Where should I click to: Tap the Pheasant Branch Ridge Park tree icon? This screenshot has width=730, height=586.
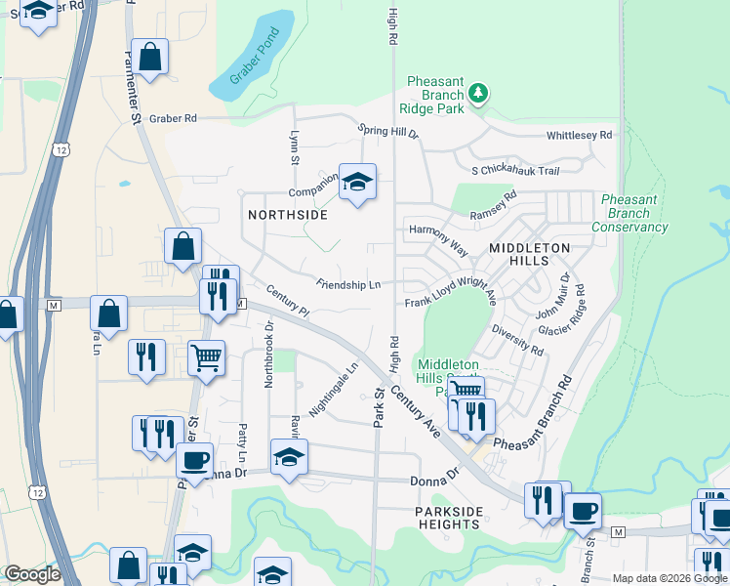pos(478,94)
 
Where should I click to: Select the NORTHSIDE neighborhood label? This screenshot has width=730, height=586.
pos(287,214)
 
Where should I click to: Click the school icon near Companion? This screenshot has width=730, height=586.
pos(357,182)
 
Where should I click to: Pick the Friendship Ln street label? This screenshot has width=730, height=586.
pos(347,284)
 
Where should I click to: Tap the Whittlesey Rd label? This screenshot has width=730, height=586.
pos(579,135)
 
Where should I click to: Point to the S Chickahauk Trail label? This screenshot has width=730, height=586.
pos(514,171)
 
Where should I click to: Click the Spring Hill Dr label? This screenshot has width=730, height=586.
pos(387,131)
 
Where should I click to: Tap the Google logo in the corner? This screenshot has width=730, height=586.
pos(31,574)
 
